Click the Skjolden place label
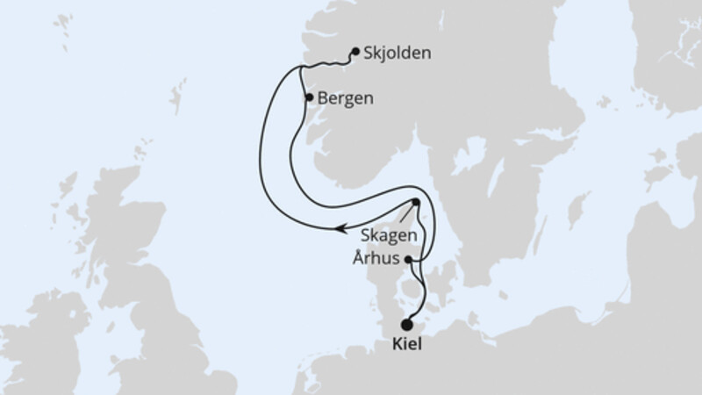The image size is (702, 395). click(x=399, y=53)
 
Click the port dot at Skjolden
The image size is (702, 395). click(x=355, y=52)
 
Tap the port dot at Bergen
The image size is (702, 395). click(x=308, y=97)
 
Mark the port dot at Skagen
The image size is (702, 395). click(x=416, y=203)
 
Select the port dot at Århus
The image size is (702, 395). click(x=409, y=259)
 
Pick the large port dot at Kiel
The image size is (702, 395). click(x=406, y=325)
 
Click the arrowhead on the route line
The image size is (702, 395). click(x=337, y=231)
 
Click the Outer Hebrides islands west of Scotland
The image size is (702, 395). click(x=66, y=197)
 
